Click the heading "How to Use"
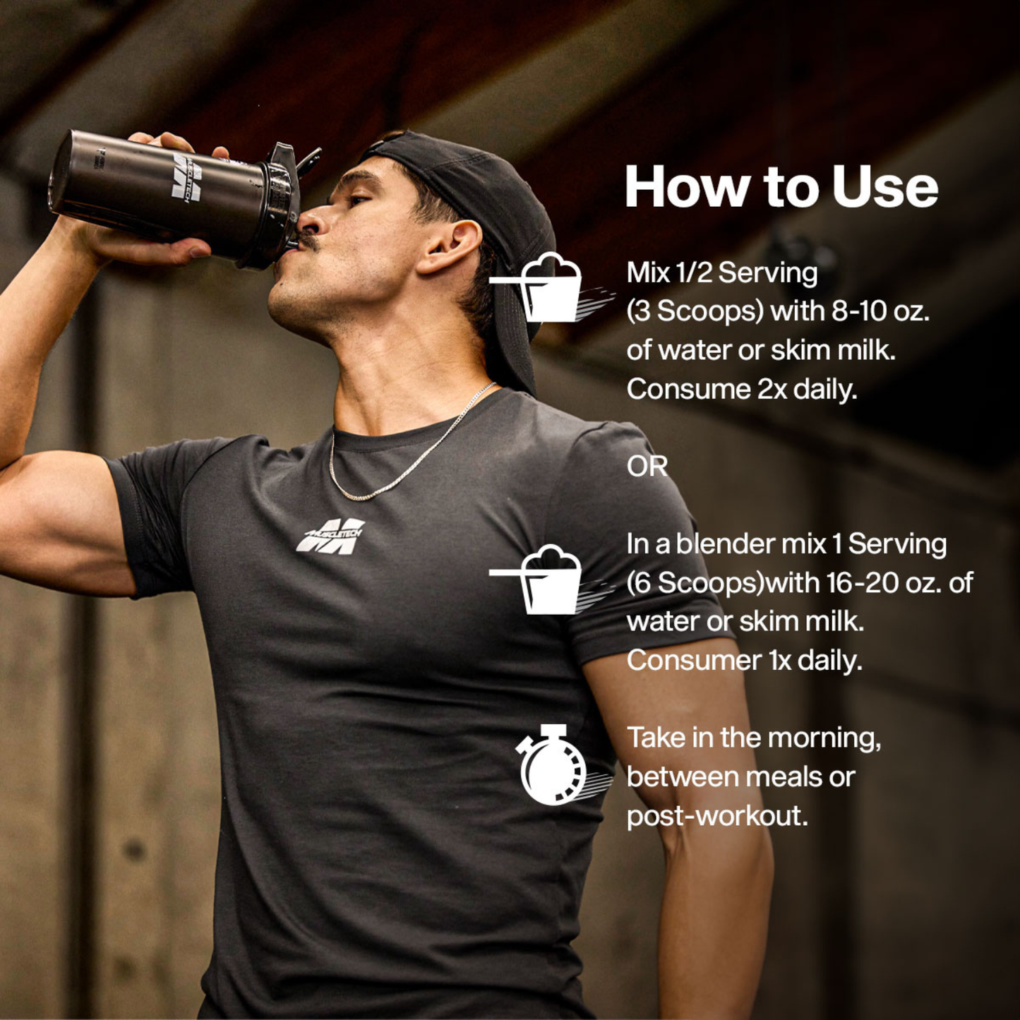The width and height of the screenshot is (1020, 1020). (781, 187)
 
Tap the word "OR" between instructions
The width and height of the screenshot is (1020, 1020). (647, 467)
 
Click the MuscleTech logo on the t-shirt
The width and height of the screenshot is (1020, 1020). (330, 536)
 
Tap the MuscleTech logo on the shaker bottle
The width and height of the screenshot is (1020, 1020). (187, 177)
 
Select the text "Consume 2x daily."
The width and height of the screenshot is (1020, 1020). (742, 390)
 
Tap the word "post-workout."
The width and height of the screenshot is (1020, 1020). (717, 816)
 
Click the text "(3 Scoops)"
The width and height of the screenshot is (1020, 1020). (695, 312)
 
